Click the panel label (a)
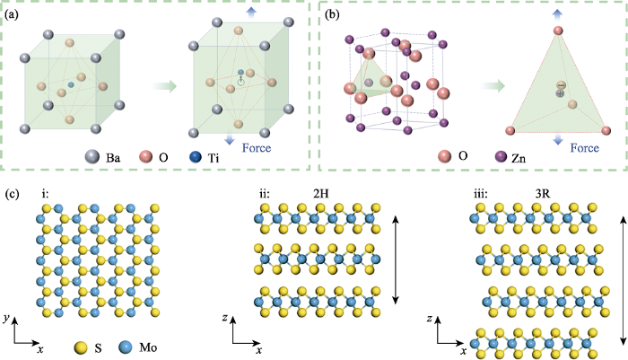click(x=11, y=14)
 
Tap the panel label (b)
click(x=332, y=14)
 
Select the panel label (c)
click(x=11, y=194)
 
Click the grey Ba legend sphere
click(x=92, y=157)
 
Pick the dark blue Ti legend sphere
click(x=196, y=157)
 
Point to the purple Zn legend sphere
click(x=501, y=156)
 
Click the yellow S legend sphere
click(x=82, y=347)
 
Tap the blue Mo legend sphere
click(x=126, y=347)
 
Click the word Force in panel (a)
click(x=257, y=148)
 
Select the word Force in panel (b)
click(x=585, y=148)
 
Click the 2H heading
click(x=320, y=194)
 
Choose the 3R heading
click(x=542, y=194)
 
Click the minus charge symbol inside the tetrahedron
click(x=561, y=85)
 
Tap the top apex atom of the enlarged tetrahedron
click(x=558, y=31)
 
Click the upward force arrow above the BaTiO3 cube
click(x=251, y=12)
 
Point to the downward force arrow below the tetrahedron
click(x=558, y=139)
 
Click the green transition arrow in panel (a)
click(x=164, y=85)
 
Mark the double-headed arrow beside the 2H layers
click(x=396, y=259)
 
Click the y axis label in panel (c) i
click(x=5, y=319)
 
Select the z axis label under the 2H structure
click(x=224, y=318)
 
